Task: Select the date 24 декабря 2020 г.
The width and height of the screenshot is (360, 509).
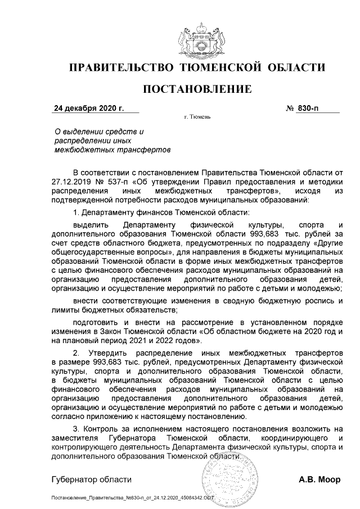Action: pyautogui.click(x=88, y=108)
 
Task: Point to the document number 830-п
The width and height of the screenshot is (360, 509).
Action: pyautogui.click(x=310, y=108)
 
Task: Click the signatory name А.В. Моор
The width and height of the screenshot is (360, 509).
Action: pyautogui.click(x=319, y=480)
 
